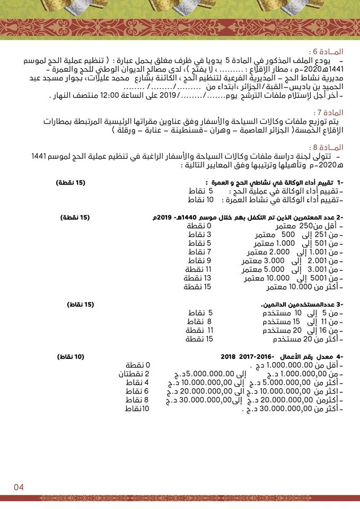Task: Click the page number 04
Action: (x=19, y=487)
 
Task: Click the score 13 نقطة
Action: (x=197, y=278)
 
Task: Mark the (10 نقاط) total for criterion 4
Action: (x=71, y=357)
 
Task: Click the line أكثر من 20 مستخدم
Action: (x=308, y=339)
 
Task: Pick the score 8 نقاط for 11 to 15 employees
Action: (x=199, y=321)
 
